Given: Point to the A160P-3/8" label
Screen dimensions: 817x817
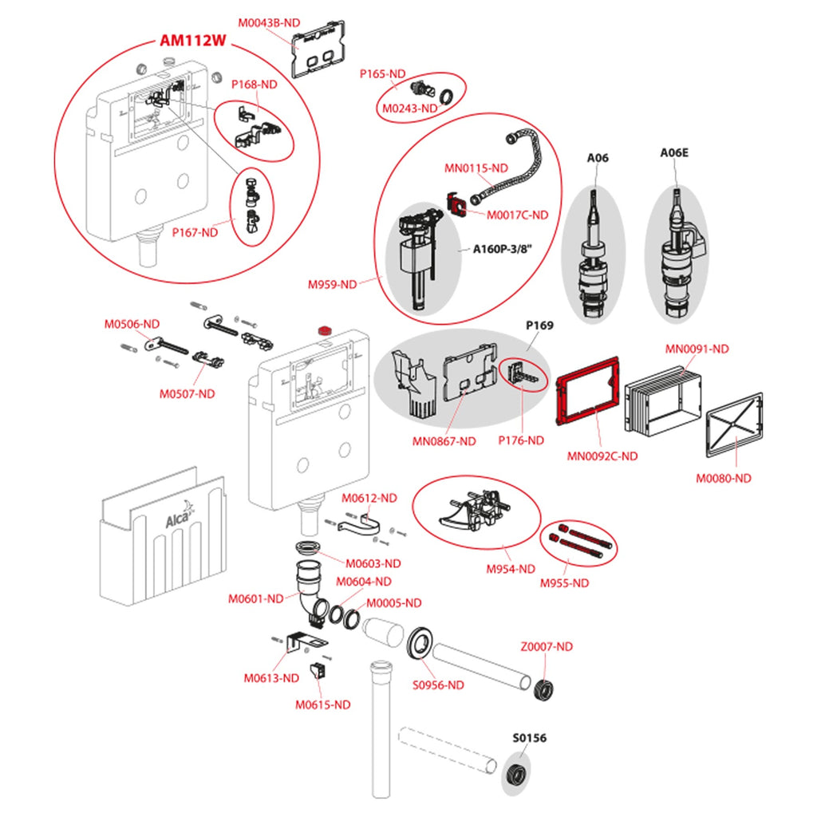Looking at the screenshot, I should (502, 248).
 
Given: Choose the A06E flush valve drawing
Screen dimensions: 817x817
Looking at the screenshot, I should (677, 255).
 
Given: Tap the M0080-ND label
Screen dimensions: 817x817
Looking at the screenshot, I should (724, 478).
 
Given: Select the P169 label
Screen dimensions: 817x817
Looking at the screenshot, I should (539, 326).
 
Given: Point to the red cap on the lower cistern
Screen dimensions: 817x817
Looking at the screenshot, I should (325, 330).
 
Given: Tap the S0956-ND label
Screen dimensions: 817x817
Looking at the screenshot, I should (438, 685).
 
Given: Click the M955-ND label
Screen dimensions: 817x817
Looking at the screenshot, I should (564, 583).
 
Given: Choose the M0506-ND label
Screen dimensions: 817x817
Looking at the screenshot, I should (132, 324).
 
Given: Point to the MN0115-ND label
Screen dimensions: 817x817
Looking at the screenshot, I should (476, 168).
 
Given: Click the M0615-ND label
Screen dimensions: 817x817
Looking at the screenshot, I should (322, 705).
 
